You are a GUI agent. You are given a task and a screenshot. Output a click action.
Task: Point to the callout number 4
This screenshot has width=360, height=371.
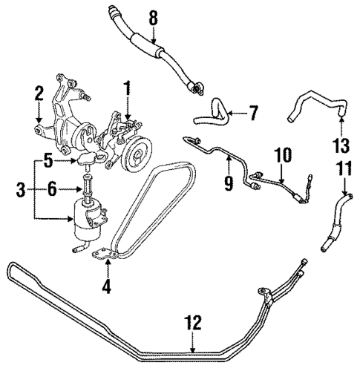tap(107, 286)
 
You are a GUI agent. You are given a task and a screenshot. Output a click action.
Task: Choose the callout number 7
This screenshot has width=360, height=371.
tap(252, 114)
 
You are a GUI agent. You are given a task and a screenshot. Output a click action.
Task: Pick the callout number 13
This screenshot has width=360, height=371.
tap(341, 144)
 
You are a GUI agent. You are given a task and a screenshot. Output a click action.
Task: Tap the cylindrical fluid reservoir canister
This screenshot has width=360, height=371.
tap(88, 215)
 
